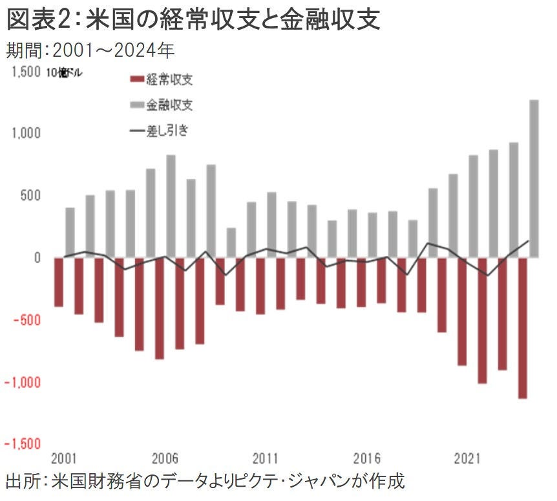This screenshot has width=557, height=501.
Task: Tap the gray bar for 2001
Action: (x=70, y=233)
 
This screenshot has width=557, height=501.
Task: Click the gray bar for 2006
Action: (x=171, y=206)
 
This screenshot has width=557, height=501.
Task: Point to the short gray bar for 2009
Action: (x=231, y=242)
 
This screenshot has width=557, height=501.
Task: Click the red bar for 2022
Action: (x=482, y=320)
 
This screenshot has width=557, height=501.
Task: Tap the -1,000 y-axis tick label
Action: (x=23, y=383)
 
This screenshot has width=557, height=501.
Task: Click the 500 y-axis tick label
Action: (x=30, y=196)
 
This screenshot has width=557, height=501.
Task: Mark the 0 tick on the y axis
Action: (x=36, y=258)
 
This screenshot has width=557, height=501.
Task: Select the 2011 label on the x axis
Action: (x=266, y=460)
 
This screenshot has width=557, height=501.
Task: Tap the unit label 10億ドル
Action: (x=64, y=73)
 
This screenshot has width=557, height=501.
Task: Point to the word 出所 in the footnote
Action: (x=21, y=483)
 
